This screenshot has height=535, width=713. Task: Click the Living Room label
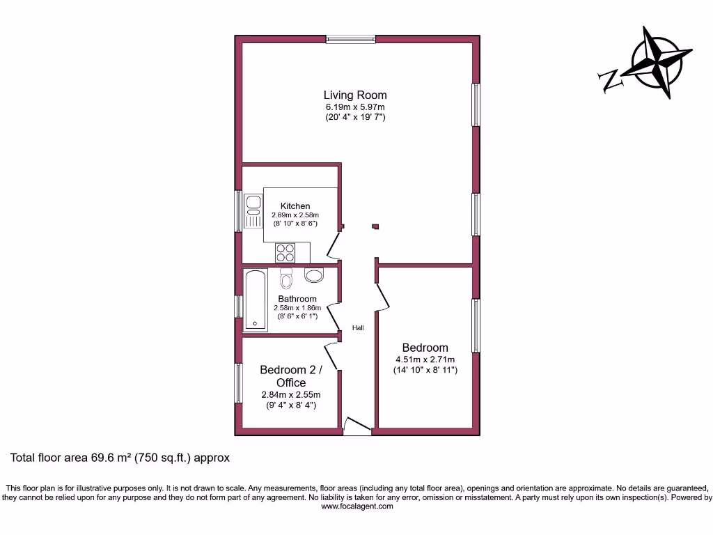click(355, 95)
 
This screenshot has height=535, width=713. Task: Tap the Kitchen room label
click(295, 206)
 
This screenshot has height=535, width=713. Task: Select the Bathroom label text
click(297, 299)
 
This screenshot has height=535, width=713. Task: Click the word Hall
click(358, 327)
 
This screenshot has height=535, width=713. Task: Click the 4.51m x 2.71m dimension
click(425, 359)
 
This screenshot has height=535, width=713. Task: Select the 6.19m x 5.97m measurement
click(355, 107)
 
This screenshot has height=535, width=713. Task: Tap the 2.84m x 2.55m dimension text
click(291, 395)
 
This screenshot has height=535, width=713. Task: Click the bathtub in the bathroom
click(256, 300)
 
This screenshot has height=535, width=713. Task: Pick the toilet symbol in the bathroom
click(286, 279)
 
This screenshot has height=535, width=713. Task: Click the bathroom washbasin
click(314, 275)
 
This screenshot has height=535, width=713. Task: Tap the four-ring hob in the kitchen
click(285, 252)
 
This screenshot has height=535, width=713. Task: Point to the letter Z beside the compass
click(611, 82)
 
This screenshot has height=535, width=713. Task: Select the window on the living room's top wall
click(351, 40)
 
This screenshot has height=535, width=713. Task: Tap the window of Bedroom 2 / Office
click(238, 382)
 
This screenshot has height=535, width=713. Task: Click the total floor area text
click(120, 458)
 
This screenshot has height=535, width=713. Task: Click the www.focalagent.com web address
click(356, 507)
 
